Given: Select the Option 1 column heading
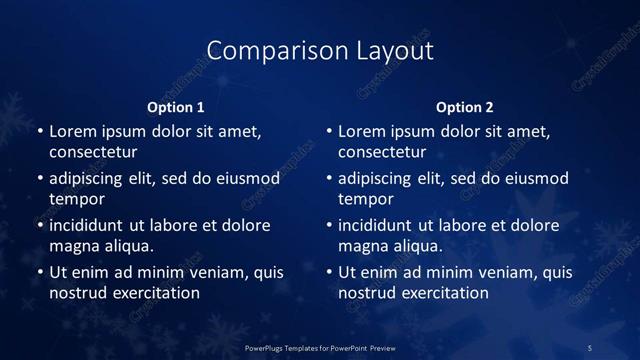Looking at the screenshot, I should (x=176, y=107).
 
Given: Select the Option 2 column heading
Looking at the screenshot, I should (x=465, y=107).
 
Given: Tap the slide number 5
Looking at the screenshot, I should (x=590, y=347).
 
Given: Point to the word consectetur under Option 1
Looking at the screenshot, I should (x=93, y=153).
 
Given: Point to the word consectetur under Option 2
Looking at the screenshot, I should (x=382, y=153).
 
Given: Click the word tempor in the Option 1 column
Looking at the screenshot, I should (x=76, y=199).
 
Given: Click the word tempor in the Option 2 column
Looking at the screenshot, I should (x=365, y=199).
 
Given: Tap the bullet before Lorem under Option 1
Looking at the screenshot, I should (x=40, y=132).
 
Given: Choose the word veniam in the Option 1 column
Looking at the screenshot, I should (x=208, y=272).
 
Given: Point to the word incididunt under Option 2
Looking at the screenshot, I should (x=376, y=225).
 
